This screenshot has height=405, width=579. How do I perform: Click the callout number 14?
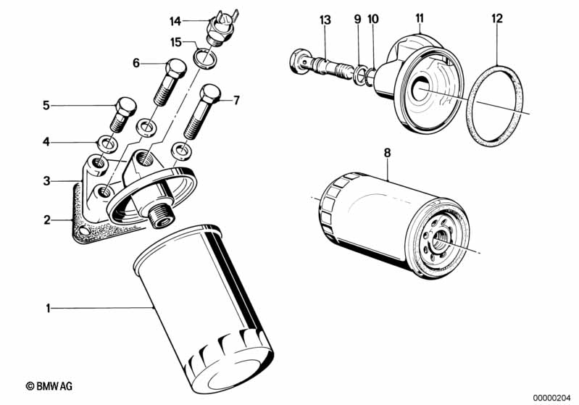175,22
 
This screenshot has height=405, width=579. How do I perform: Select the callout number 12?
497,18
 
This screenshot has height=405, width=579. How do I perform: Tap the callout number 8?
387,152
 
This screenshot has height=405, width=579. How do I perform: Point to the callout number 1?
48,308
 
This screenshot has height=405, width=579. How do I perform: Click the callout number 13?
325,20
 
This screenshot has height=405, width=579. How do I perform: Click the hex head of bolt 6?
176,69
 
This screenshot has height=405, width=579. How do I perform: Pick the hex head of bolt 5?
126,107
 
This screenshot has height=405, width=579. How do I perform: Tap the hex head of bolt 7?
210,93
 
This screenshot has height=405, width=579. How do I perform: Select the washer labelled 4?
107,143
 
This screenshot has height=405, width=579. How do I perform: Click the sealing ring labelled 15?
204,59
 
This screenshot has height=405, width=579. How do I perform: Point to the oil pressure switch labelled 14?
222,28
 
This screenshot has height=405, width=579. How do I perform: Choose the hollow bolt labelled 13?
320,65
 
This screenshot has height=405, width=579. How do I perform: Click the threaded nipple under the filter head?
161,217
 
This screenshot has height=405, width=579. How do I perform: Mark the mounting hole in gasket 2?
85,232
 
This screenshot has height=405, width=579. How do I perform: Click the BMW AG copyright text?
49,386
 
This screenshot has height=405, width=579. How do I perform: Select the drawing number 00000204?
551,398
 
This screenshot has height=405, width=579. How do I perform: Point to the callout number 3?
46,181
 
